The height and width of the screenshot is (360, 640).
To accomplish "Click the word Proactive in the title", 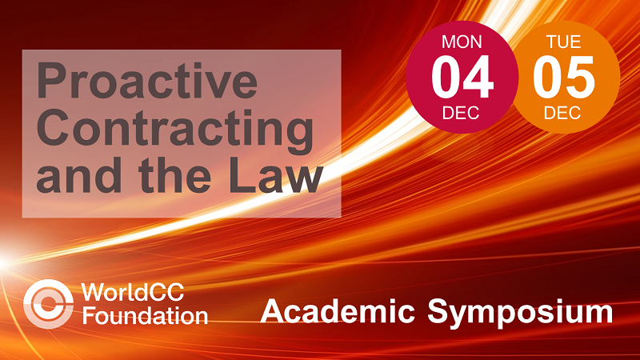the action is [147, 80].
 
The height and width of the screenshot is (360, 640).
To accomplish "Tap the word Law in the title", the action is [276, 174].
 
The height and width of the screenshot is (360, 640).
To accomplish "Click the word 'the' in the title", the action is [174, 174].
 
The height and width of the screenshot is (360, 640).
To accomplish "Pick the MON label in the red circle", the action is [462, 42].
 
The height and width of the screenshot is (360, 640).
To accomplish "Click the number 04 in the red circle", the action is [462, 78].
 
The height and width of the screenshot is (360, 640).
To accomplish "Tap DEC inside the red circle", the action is [461, 113].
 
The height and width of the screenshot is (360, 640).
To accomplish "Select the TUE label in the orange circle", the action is [563, 42].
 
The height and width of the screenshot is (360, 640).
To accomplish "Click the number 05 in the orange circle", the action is [564, 78].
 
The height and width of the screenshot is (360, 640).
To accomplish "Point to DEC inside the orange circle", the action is [562, 113].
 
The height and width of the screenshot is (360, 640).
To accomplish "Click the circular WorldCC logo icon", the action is [49, 304].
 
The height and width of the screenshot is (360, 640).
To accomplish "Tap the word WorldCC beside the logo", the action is [133, 292].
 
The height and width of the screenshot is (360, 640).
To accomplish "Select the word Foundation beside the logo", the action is [145, 316].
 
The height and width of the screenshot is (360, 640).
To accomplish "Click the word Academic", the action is [337, 311].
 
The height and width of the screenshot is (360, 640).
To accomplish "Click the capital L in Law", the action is [242, 174].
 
